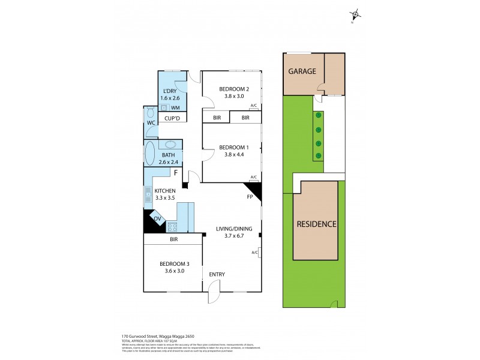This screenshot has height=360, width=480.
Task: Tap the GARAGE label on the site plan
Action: pos(302,71)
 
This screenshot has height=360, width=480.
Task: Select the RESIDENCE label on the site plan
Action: pos(316,224)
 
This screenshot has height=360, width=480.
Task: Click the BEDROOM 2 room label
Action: pos(234,89)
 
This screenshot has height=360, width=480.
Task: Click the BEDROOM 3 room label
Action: pos(175,264)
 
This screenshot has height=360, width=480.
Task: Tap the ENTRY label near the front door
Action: pos(217,274)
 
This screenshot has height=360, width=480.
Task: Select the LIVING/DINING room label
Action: pos(238,228)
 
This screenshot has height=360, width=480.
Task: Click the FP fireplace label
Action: pos(249,196)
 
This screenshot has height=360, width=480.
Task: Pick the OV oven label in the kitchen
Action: pos(157,219)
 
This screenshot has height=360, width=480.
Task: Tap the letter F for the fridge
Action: pos(176,173)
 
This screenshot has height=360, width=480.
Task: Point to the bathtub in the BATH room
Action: pos(149,154)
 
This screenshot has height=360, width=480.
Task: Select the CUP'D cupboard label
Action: pos(172,119)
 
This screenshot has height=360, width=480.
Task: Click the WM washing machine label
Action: pos(175,107)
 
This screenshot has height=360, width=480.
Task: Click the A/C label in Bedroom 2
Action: pos(253,106)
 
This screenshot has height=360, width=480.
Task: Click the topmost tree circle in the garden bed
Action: pos(319,116)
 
